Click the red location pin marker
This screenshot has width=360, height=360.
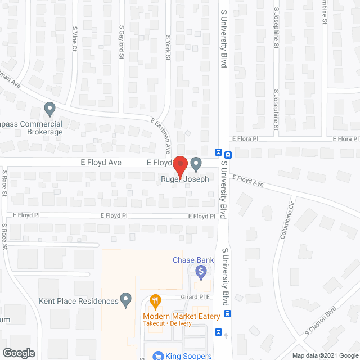[179, 165]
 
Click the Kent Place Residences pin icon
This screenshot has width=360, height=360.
[126, 299]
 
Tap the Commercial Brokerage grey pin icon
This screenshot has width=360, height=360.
[50, 107]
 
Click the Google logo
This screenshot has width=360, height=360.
[18, 353]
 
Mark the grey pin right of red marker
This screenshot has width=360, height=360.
[196, 164]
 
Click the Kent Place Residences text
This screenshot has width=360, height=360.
[79, 301]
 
